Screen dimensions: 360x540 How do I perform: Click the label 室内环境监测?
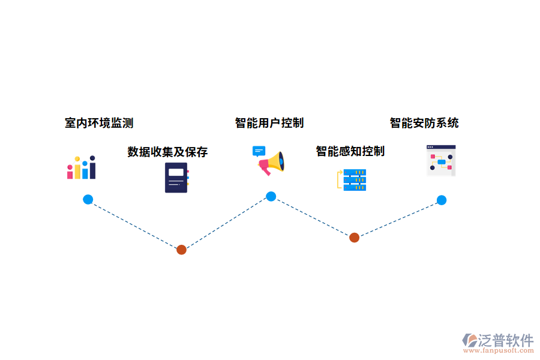click(99, 123)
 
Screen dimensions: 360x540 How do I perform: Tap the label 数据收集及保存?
click(167, 152)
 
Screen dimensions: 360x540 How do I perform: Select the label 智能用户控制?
click(269, 123)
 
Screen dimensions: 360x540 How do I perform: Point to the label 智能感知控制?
click(350, 151)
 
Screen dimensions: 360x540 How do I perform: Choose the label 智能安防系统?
click(424, 123)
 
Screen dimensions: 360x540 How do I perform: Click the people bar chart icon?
click(81, 167)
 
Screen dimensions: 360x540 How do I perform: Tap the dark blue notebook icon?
click(176, 178)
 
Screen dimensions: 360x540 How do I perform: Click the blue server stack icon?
click(353, 180)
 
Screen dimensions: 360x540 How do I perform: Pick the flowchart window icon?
click(441, 160)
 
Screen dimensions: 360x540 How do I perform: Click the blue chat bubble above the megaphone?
click(259, 151)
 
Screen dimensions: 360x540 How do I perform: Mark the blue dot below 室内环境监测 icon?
click(88, 200)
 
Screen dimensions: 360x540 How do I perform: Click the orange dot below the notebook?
click(181, 250)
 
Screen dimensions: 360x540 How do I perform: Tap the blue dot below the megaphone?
click(271, 196)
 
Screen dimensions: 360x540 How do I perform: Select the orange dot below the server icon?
click(355, 237)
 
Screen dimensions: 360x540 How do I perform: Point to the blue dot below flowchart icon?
click(442, 200)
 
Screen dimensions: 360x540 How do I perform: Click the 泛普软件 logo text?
click(505, 340)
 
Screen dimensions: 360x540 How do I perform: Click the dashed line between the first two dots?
click(135, 225)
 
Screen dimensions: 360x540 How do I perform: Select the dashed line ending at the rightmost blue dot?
click(398, 218)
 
